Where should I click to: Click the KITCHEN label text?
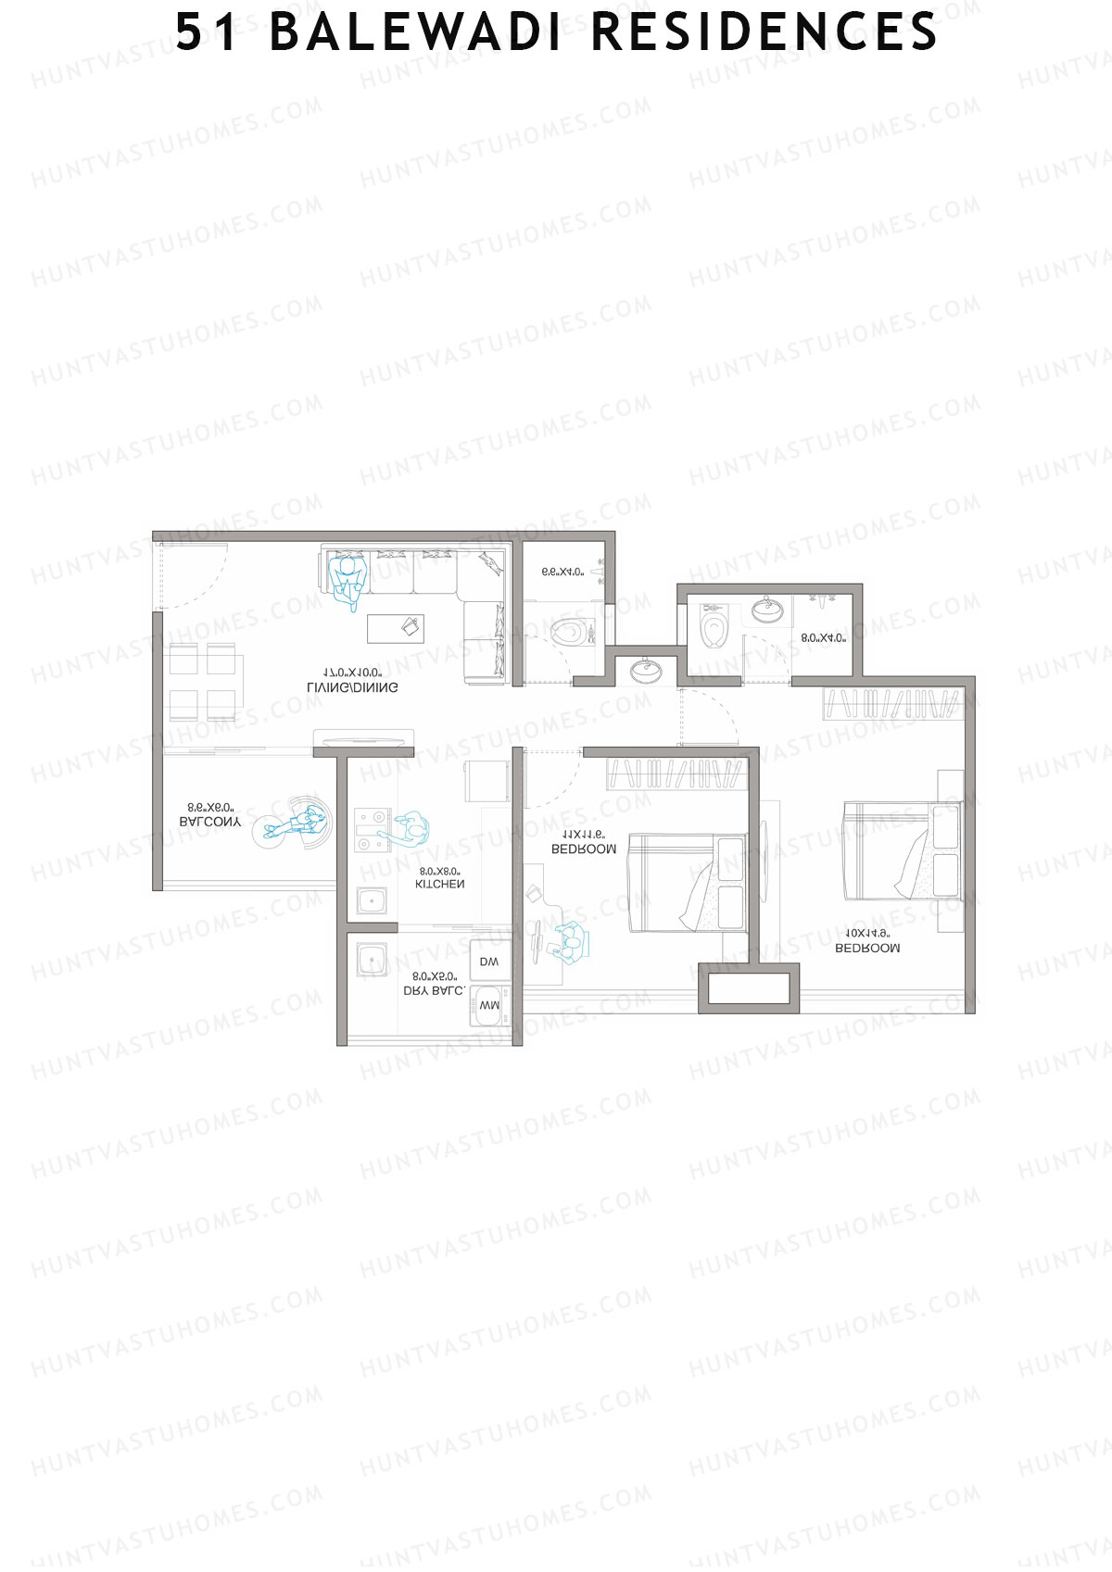pos(439,885)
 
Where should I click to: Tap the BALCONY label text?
pos(209,822)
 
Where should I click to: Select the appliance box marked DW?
pos(489,962)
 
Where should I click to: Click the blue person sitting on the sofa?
pos(348,580)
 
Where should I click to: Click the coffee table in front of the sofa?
pos(396,628)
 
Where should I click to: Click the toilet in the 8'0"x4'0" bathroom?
pos(714,627)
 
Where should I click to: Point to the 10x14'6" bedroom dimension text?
pos(867,933)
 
